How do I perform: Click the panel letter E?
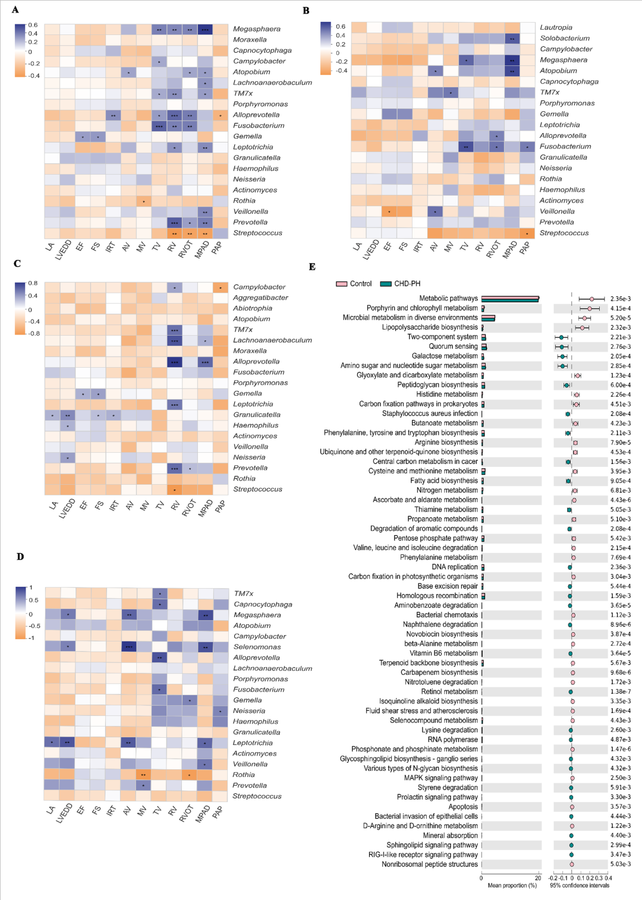(x=312, y=267)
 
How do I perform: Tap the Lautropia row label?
(x=556, y=27)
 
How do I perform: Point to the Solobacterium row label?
(x=565, y=38)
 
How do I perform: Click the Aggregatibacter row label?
(x=260, y=298)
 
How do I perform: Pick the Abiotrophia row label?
(x=253, y=308)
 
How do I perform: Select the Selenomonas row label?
(x=257, y=647)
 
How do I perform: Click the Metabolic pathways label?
(x=448, y=298)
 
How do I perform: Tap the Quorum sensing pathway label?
(x=453, y=346)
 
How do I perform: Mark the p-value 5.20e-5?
(x=621, y=318)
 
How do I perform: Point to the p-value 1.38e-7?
(x=621, y=691)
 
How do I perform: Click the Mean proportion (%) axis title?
(x=512, y=886)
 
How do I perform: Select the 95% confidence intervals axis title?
(x=580, y=886)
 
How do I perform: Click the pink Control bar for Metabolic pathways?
(x=510, y=297)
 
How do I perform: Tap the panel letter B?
(x=306, y=11)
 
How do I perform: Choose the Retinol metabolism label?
(x=449, y=691)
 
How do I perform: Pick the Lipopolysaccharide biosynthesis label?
(x=430, y=327)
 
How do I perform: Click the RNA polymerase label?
(x=452, y=740)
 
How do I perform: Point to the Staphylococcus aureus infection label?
(x=430, y=413)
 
